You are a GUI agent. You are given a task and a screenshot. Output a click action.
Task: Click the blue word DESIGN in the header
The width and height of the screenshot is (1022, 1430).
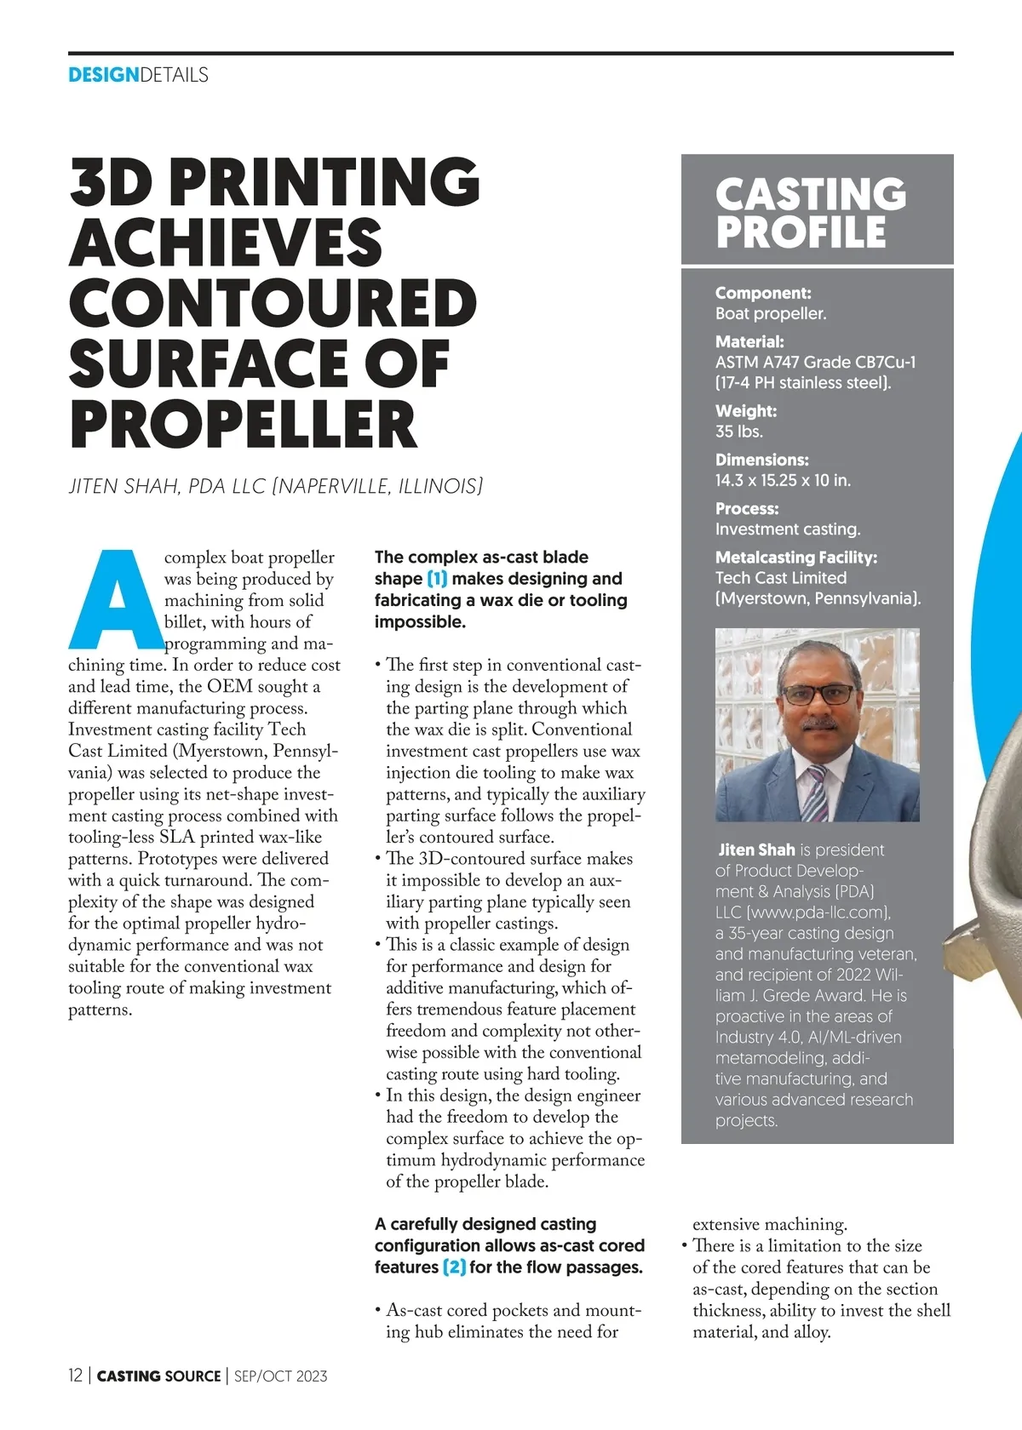click(x=103, y=75)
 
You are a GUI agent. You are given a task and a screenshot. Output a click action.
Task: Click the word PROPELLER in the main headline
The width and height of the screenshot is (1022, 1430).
click(x=244, y=424)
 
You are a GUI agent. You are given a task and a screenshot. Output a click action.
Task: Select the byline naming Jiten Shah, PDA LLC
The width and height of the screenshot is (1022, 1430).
click(x=275, y=486)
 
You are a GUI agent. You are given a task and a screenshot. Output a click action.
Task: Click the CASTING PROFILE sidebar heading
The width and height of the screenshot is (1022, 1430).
click(x=810, y=213)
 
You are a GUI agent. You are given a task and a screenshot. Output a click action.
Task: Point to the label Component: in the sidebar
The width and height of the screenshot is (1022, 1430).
click(x=763, y=293)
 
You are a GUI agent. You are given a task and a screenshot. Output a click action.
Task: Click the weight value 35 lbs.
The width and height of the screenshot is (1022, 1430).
click(x=738, y=432)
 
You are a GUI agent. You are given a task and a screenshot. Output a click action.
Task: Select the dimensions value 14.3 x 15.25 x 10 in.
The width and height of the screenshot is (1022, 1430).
click(x=783, y=480)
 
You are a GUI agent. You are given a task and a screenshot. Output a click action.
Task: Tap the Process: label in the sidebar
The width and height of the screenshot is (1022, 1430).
click(x=747, y=509)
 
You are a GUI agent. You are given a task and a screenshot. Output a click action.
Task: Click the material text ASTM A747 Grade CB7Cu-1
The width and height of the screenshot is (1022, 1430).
click(x=815, y=362)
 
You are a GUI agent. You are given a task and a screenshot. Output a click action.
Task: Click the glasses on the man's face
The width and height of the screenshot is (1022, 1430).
click(x=818, y=695)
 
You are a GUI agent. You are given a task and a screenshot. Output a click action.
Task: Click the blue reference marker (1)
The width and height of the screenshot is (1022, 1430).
click(x=437, y=579)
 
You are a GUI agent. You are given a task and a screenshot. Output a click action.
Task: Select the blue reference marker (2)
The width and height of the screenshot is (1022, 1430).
click(x=454, y=1267)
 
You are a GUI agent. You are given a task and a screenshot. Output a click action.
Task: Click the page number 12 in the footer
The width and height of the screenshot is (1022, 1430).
click(x=76, y=1376)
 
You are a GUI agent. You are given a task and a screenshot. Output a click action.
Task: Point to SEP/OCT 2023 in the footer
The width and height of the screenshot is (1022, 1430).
click(x=280, y=1376)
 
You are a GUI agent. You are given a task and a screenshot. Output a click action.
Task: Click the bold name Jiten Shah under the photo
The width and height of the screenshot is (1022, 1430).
click(x=756, y=849)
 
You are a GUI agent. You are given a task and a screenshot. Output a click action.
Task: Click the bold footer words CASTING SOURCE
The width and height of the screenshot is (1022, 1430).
click(x=158, y=1376)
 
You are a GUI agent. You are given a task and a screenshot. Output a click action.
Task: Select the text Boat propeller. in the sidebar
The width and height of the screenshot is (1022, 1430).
click(x=771, y=313)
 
